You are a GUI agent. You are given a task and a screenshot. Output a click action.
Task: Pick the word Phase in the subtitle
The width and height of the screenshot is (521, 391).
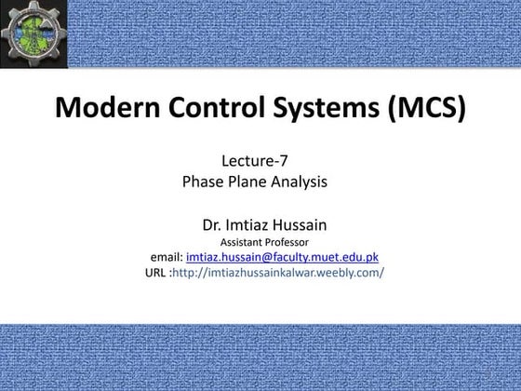204,182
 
